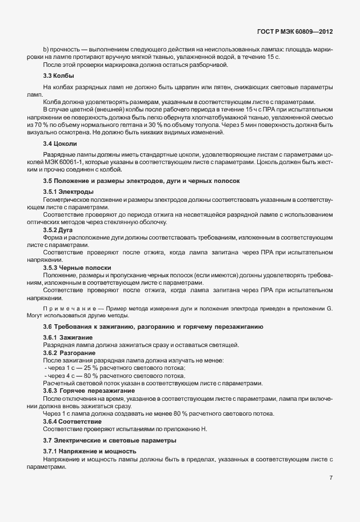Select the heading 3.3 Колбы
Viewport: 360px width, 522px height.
[x=59, y=75]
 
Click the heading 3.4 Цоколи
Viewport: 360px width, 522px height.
[x=60, y=143]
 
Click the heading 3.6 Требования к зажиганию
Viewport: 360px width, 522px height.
[x=153, y=326]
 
